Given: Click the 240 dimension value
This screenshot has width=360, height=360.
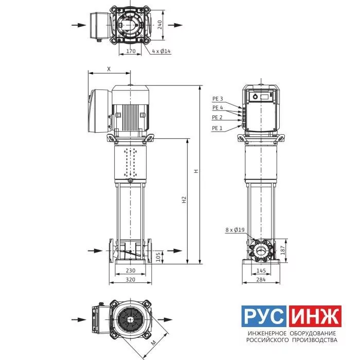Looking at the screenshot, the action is click(160, 25).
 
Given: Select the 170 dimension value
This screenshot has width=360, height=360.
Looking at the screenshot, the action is click(131, 51).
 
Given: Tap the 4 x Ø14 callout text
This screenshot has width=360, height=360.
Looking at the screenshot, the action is click(161, 51).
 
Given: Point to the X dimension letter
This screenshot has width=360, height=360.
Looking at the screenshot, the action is click(109, 69).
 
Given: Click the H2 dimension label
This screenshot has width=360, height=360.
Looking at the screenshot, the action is click(184, 200).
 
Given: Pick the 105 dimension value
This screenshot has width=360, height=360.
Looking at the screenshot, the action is click(158, 257).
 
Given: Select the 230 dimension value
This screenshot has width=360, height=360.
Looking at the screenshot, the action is click(131, 271).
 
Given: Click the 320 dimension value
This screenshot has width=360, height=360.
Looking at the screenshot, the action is click(131, 279).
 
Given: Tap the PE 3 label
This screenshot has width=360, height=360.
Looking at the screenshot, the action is click(218, 99).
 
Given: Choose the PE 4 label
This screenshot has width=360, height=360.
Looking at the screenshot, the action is click(218, 107).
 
